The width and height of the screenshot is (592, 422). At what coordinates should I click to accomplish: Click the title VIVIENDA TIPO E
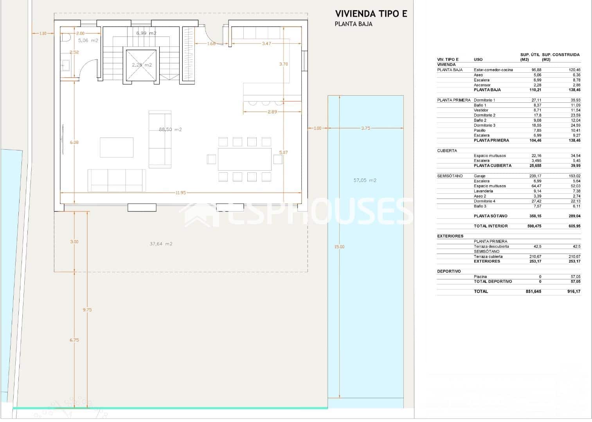pos(371,14)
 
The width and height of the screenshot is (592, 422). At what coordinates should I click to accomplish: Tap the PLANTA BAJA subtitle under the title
pos(353,24)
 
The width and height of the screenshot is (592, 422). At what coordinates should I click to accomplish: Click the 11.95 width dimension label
pos(180,193)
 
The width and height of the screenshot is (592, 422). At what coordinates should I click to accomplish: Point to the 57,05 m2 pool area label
pos(365,180)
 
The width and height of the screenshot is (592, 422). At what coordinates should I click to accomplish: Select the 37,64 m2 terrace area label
pos(161,244)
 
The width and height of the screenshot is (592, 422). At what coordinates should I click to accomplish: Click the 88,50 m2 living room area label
pos(170,129)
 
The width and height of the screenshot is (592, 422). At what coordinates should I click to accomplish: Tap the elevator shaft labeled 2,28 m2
pos(141,65)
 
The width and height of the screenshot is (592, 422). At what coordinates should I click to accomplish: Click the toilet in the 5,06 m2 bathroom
pos(65,38)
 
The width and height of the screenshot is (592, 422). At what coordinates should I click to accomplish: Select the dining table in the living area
pos(245,159)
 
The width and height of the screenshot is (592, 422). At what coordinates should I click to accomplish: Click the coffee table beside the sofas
pos(116,147)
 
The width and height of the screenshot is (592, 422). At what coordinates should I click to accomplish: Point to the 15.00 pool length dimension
pos(339,247)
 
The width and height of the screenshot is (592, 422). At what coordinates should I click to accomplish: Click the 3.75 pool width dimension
pos(365,128)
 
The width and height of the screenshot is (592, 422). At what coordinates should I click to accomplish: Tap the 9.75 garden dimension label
pos(87,309)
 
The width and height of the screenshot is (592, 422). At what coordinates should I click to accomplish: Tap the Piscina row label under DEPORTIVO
pos(480,276)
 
